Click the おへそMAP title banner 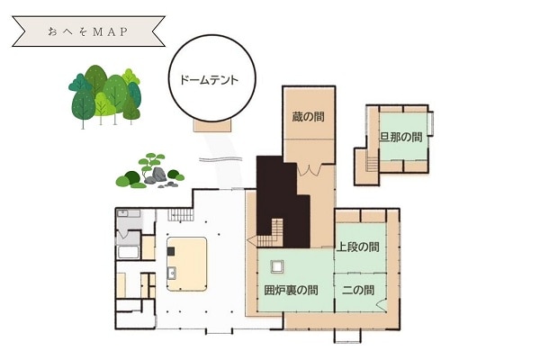(x=88, y=31)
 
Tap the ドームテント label (x=209, y=80)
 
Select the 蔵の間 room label (x=308, y=117)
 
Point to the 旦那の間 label (x=400, y=137)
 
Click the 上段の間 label (x=358, y=247)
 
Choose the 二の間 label (x=358, y=290)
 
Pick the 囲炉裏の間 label (x=291, y=290)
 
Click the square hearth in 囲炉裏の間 (x=277, y=266)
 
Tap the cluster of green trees (x=105, y=96)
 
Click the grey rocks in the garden (x=157, y=175)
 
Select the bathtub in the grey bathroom (x=128, y=252)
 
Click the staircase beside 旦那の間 (x=373, y=163)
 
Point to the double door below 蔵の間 (x=309, y=170)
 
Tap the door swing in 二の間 (x=380, y=304)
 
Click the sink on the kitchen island (x=171, y=274)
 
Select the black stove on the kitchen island (x=171, y=251)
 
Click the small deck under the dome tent (x=212, y=126)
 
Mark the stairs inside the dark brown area (x=271, y=233)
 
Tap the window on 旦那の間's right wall (x=430, y=123)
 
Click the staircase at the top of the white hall (x=181, y=215)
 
